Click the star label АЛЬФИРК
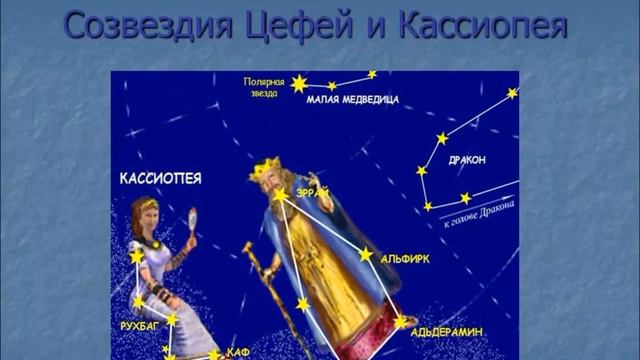pos(407,258)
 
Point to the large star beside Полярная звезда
pos(297,84)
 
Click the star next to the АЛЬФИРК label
pos(366,255)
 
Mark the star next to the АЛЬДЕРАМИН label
pos(401,322)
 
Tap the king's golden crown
pos(268,166)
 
